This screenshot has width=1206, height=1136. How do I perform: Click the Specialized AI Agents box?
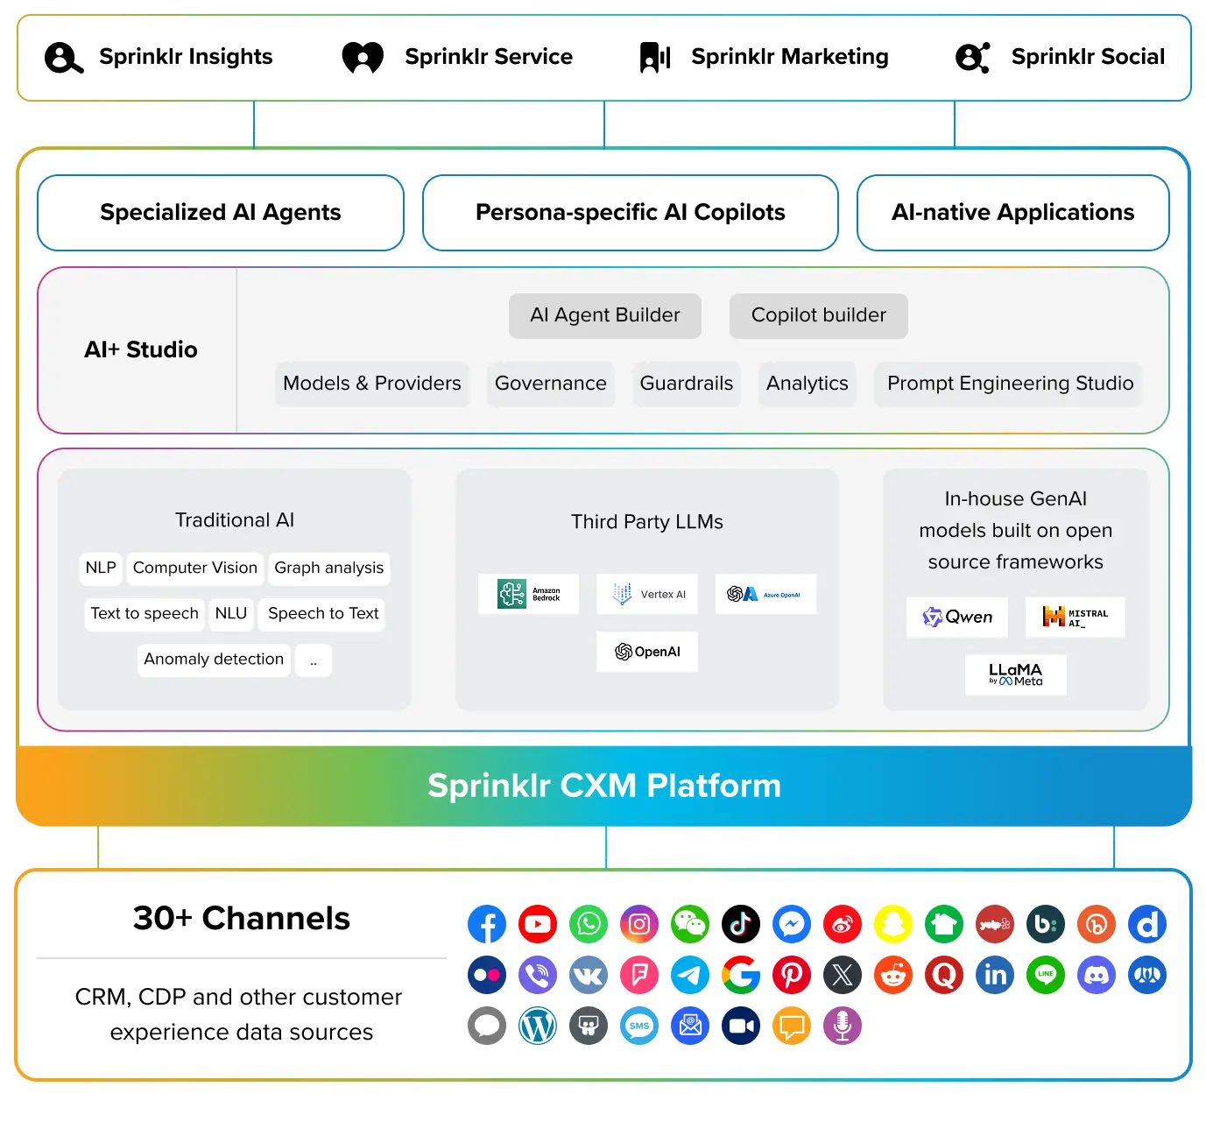tap(221, 213)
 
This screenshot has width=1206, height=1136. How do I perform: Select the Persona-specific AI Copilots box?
tap(630, 213)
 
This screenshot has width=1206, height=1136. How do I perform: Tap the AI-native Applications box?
tap(1012, 213)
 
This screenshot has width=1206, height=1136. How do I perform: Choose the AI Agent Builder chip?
tap(605, 315)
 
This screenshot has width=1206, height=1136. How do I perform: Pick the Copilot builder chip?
tap(818, 315)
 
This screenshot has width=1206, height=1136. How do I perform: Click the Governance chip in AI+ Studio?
tap(550, 384)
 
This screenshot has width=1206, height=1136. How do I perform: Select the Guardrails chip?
tap(686, 384)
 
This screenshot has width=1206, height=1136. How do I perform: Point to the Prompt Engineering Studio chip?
tap(1009, 384)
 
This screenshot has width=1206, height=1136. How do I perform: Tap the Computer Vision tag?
tap(195, 568)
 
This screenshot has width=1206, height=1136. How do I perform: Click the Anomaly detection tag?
tap(214, 660)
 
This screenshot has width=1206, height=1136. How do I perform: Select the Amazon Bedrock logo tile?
tap(528, 594)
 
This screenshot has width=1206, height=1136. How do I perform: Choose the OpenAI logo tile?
tap(647, 652)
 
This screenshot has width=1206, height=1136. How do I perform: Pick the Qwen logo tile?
tap(957, 617)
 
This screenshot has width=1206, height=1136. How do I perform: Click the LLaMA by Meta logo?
tap(1016, 674)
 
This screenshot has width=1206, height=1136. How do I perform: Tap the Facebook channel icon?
tap(487, 924)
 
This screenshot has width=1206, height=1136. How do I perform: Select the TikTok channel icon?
tap(741, 924)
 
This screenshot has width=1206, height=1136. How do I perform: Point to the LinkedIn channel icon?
tap(995, 975)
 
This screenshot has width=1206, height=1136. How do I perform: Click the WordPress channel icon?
tap(538, 1026)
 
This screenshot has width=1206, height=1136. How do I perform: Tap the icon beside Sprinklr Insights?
tap(64, 58)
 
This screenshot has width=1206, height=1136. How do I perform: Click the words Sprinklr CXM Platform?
tap(603, 786)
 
